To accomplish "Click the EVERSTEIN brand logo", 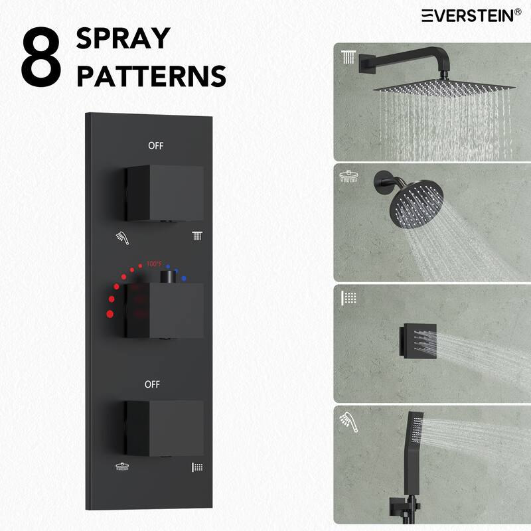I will point(471,15).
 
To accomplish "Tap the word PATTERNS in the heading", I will point(151,77).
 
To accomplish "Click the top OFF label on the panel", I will point(155,145).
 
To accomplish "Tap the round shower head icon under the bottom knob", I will point(121,467).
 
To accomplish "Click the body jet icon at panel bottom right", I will point(196,467).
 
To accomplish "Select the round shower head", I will point(406,198).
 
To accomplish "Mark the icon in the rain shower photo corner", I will point(348,56).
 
